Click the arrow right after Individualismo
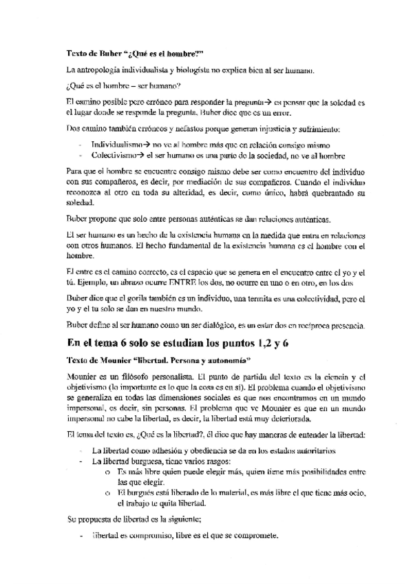tap(138, 145)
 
